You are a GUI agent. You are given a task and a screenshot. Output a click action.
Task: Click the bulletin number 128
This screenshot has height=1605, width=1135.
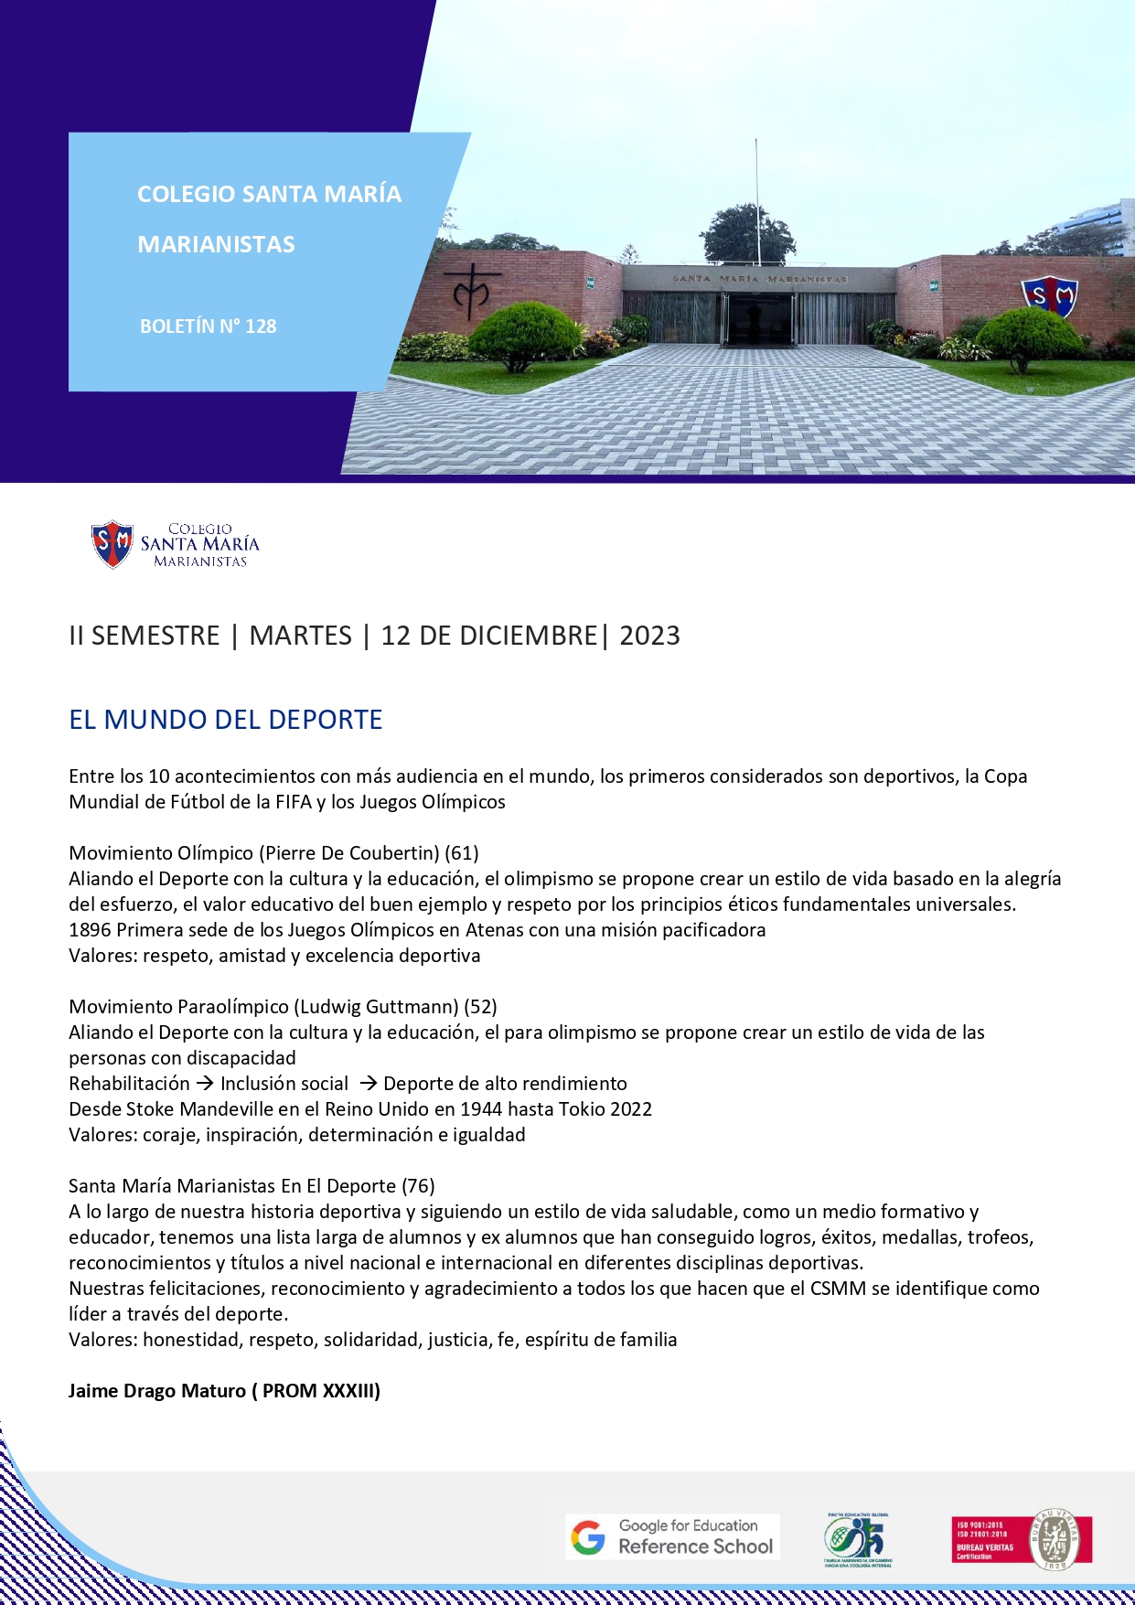click(x=261, y=326)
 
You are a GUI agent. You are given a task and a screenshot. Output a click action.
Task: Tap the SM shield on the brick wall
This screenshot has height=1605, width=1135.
click(x=1049, y=296)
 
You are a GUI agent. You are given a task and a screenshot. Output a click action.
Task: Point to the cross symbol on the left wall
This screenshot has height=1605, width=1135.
click(x=472, y=291)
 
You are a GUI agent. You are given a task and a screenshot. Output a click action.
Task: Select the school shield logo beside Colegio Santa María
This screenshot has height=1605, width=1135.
click(x=112, y=544)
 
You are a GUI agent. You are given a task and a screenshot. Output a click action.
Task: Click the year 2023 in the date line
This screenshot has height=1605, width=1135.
click(x=649, y=636)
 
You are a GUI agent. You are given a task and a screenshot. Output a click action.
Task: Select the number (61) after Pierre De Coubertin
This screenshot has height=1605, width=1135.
click(x=462, y=853)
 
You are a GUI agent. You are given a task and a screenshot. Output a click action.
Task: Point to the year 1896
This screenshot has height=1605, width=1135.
click(x=90, y=930)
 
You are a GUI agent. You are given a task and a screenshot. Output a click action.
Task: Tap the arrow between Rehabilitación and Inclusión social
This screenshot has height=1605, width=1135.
click(x=205, y=1084)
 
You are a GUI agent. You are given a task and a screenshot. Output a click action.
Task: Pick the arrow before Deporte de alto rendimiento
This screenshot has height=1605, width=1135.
click(x=368, y=1084)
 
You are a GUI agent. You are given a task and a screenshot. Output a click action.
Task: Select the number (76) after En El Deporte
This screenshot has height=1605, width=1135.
click(x=418, y=1186)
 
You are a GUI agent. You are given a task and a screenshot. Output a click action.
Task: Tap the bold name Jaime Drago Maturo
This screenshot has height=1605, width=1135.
click(x=157, y=1391)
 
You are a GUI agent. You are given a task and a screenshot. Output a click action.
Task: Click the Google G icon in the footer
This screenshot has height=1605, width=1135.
click(x=588, y=1537)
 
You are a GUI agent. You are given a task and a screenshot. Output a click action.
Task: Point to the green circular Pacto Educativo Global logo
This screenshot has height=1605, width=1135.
click(x=857, y=1539)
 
